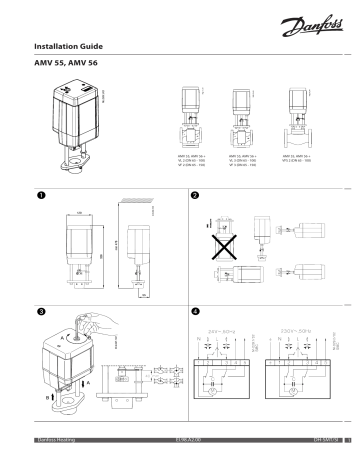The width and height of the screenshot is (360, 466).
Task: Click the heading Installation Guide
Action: [x=75, y=47]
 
